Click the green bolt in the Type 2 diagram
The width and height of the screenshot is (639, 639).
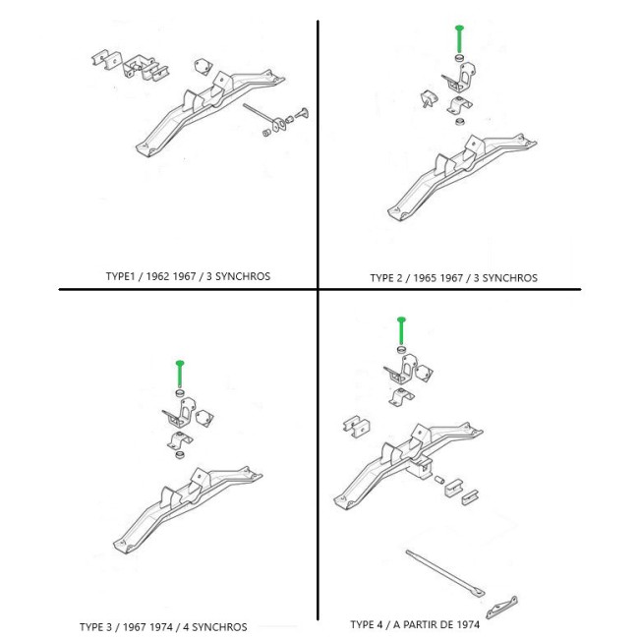point(459,38)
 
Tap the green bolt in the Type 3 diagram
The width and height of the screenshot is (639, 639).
point(180,374)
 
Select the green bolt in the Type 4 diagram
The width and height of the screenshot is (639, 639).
point(401,330)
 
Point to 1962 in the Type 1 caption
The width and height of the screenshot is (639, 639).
point(157,276)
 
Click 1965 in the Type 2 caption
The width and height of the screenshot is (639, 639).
point(425,278)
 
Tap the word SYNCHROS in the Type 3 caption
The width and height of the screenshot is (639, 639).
point(219,627)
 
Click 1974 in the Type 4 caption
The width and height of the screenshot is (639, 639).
point(468,624)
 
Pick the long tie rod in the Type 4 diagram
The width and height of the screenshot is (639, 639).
point(445,572)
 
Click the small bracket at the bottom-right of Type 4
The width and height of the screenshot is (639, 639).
point(501,608)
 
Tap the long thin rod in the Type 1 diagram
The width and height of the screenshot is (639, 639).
point(259,112)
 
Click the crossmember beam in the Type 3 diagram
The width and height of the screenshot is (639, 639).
point(188,509)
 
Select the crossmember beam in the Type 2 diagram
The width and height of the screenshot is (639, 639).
point(462,177)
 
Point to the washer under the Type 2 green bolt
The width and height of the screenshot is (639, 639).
point(460,57)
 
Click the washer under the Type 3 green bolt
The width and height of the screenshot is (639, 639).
point(180,393)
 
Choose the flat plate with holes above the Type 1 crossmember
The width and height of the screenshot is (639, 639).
point(203,67)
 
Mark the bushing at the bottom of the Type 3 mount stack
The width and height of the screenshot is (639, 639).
point(179,454)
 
